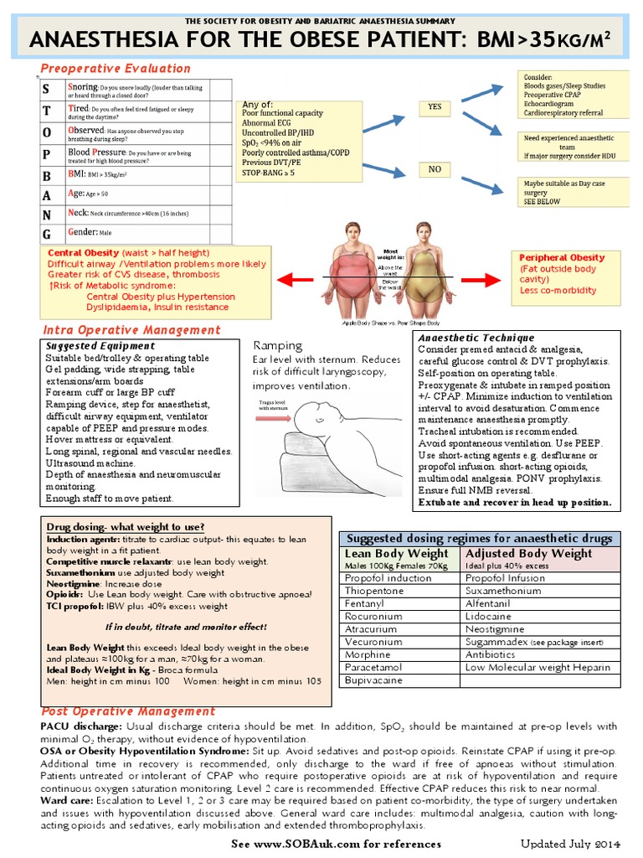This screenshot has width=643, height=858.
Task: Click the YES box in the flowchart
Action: pyautogui.click(x=434, y=107)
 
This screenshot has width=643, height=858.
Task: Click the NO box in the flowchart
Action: pyautogui.click(x=434, y=169)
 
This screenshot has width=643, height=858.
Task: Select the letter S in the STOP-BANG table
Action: pyautogui.click(x=47, y=89)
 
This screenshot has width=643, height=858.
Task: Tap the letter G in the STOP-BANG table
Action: pyautogui.click(x=47, y=233)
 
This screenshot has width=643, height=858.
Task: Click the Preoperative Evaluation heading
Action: pyautogui.click(x=116, y=69)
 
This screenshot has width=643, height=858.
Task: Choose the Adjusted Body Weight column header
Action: pyautogui.click(x=528, y=554)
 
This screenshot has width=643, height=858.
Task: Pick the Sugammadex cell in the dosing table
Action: pyautogui.click(x=502, y=641)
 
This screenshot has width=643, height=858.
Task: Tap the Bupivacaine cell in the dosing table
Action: pyautogui.click(x=374, y=680)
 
